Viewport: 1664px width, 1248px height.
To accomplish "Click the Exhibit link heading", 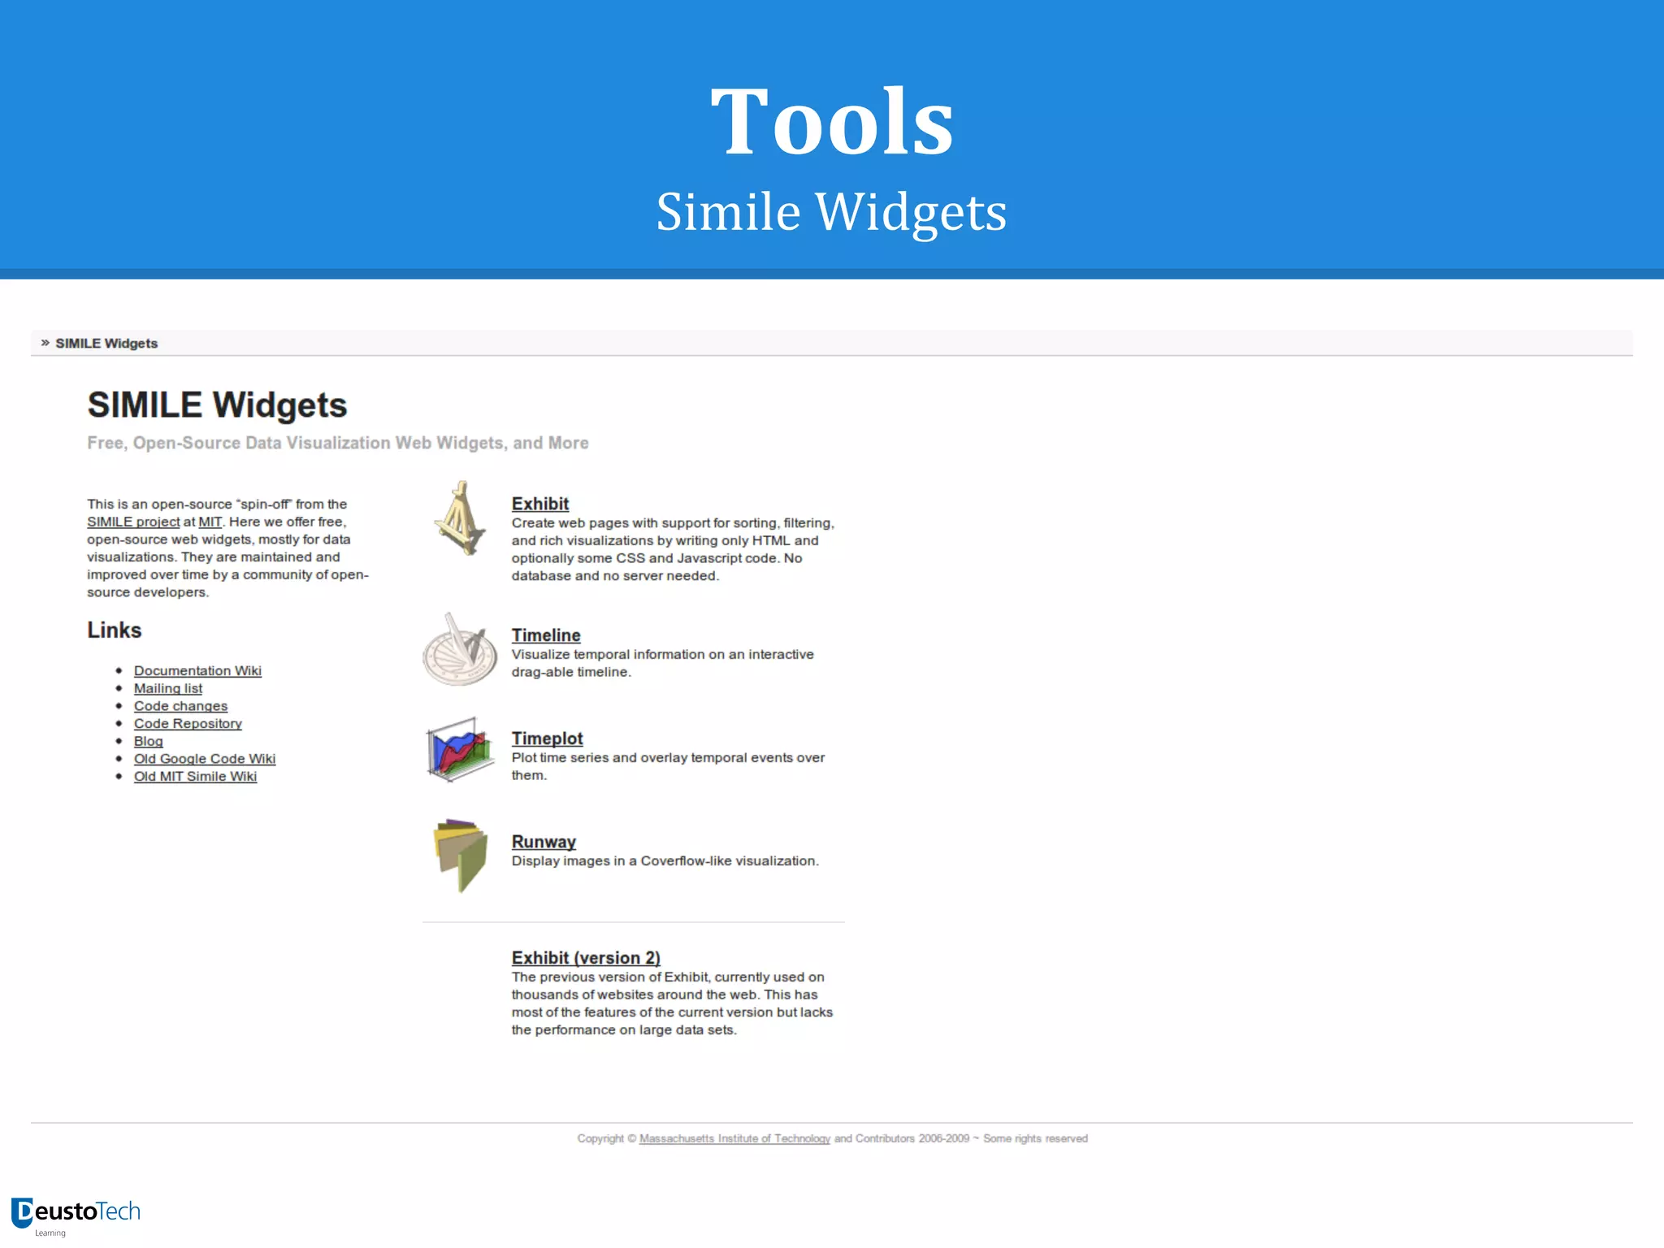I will point(539,504).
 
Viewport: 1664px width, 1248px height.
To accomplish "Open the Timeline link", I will point(546,635).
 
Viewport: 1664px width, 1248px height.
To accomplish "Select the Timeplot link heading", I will point(547,739).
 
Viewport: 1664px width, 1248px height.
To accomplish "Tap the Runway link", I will point(544,842).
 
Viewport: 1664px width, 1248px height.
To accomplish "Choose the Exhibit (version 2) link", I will point(586,958).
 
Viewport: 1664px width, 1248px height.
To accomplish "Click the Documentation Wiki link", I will point(197,670).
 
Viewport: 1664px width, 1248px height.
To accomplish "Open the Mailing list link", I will point(168,688).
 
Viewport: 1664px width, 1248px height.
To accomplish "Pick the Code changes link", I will point(180,706).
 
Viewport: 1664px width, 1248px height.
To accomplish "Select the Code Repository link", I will point(188,723).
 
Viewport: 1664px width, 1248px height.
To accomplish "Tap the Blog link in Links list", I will point(149,741).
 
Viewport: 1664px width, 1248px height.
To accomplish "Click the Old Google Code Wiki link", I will point(205,759).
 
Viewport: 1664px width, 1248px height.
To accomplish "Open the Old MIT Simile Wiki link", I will point(195,776).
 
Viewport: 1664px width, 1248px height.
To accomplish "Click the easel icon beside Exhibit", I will point(460,519).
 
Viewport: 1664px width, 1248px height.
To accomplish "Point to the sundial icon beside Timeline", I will point(460,650).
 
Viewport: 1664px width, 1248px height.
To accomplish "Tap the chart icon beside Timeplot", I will point(460,749).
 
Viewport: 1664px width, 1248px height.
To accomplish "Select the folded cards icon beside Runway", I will point(460,855).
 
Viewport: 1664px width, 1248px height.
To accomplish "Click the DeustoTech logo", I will point(76,1214).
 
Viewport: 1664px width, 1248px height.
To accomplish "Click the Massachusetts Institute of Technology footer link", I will point(734,1138).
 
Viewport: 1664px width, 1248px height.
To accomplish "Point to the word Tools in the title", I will point(831,122).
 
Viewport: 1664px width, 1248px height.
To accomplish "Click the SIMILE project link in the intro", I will point(133,522).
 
